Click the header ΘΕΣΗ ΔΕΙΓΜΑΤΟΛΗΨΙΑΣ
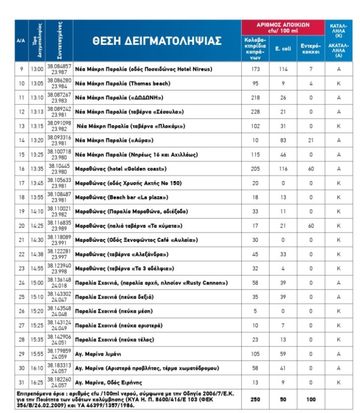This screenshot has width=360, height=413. (157, 41)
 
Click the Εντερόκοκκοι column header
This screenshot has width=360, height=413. (311, 49)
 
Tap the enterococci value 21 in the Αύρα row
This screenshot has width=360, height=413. (311, 140)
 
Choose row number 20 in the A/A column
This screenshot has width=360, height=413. (22, 226)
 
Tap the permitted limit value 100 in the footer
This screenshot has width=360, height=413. (311, 399)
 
